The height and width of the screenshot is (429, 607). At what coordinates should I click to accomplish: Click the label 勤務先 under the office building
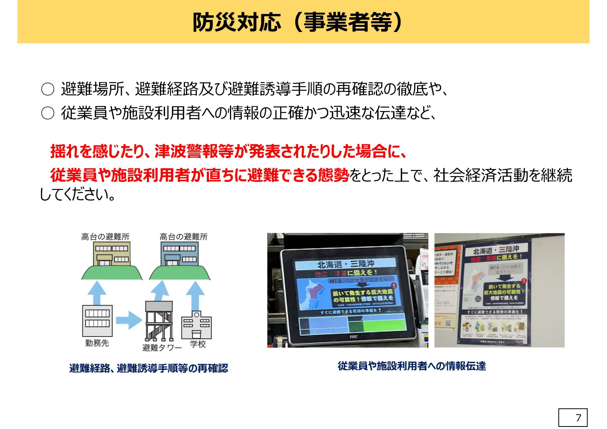pos(97,343)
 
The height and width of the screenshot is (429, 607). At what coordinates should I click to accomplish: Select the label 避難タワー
pos(162,348)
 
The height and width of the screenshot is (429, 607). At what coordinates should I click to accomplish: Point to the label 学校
pos(198,344)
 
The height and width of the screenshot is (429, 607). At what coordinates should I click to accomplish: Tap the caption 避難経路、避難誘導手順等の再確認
pos(149,368)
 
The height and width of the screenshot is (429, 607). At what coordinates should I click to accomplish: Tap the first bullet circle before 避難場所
pos(47,90)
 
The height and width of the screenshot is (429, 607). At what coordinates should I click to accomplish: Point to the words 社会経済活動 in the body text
pos(473,175)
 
